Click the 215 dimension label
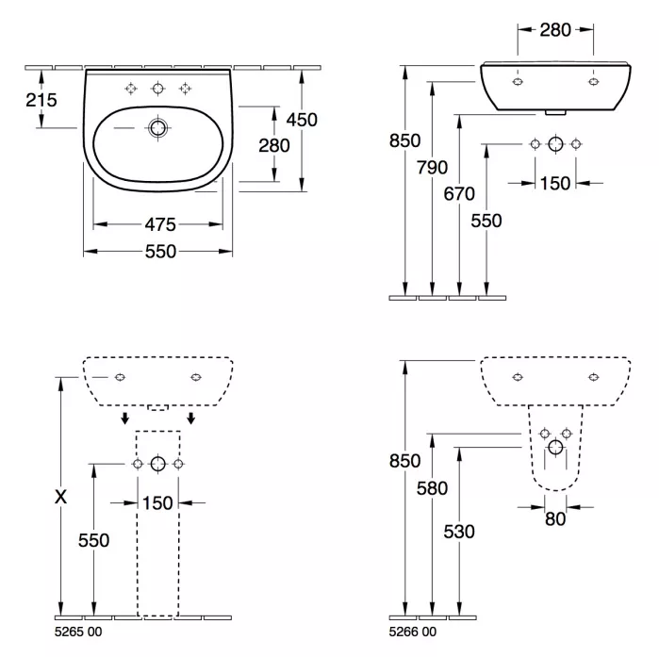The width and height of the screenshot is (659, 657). pos(41,100)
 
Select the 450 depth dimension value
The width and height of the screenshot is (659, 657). pos(302,120)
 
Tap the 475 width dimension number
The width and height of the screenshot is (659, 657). pos(160,224)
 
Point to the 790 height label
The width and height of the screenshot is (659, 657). pos(432,167)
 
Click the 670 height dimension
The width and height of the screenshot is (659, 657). pos(459,193)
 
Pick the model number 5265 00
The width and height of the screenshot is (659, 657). pos(78,632)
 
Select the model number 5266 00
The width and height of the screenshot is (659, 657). pos(413,632)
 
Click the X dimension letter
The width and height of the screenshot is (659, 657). pos(61,497)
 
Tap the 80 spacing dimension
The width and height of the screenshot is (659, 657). pos(555,519)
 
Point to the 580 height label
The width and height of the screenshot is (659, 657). pos(432,488)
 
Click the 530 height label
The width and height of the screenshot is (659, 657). pos(459,532)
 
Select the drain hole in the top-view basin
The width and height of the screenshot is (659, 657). pos(157,127)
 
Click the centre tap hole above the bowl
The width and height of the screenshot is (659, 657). pos(157,89)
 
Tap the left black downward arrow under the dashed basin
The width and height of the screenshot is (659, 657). pos(124,419)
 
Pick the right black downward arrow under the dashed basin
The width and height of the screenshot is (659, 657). pos(191,419)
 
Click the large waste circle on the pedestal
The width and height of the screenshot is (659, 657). pos(158,464)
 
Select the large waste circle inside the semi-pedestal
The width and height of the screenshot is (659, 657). pos(555,448)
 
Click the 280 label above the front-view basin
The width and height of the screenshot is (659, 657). pos(555,30)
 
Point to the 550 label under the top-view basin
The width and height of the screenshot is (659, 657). pos(160,252)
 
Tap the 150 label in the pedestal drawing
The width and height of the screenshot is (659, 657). pos(157,502)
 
